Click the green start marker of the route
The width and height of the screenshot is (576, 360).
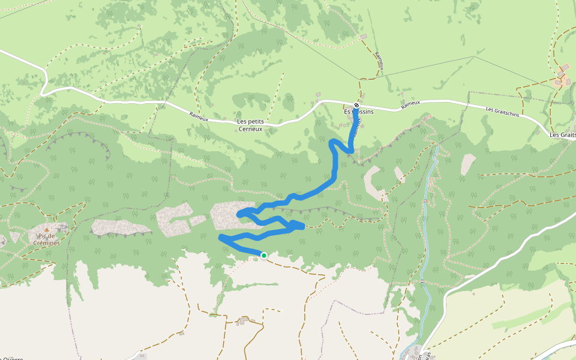[263, 256]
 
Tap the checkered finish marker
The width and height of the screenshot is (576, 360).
[356, 105]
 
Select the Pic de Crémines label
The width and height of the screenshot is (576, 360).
[47, 239]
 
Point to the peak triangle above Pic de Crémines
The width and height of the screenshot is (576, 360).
[47, 229]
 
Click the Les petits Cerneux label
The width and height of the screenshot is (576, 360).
[251, 124]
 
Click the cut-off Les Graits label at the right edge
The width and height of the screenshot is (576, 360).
[562, 135]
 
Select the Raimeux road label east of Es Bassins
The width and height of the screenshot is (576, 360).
[411, 104]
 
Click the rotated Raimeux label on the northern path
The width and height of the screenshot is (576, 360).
[379, 60]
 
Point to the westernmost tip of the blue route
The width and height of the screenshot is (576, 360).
[221, 238]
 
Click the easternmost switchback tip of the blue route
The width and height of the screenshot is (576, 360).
[303, 226]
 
